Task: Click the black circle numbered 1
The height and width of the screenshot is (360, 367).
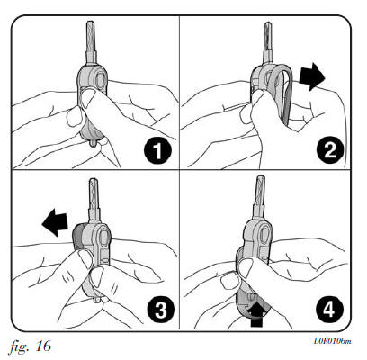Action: click(157, 151)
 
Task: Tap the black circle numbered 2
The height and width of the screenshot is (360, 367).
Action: click(330, 149)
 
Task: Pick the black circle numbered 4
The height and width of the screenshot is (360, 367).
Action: click(329, 309)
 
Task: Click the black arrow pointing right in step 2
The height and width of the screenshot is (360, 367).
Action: click(313, 76)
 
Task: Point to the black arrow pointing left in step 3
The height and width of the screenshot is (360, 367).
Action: click(56, 222)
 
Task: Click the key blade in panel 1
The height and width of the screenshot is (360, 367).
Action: click(91, 42)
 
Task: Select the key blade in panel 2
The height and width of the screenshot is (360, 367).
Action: click(267, 43)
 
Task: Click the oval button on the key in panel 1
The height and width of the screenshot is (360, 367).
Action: click(100, 79)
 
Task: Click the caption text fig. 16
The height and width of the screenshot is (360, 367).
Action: click(30, 346)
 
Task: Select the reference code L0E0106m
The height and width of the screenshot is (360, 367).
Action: click(332, 341)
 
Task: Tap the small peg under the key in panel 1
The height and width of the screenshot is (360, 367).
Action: click(94, 144)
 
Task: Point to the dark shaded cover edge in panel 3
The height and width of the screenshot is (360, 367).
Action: click(77, 237)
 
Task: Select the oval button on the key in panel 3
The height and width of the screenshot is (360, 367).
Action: click(103, 237)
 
